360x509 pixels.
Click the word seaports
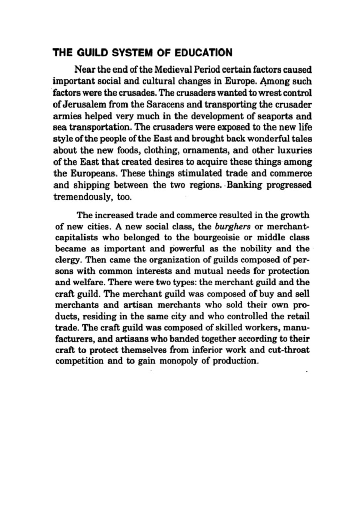point(273,116)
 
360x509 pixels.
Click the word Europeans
point(93,174)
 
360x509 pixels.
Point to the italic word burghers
point(232,226)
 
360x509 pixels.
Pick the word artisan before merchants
point(138,305)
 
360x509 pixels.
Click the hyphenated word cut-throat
point(289,350)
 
